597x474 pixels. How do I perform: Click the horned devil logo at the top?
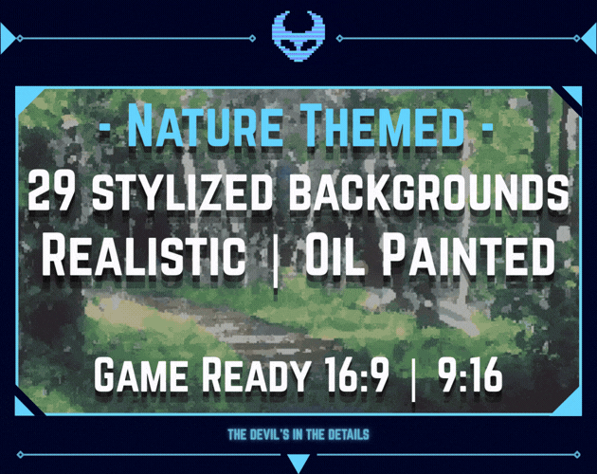pyautogui.click(x=298, y=35)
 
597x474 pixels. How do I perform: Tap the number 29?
pyautogui.click(x=56, y=190)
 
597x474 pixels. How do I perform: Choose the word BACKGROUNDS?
pyautogui.click(x=428, y=190)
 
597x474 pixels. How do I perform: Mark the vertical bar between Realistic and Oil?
pyautogui.click(x=275, y=262)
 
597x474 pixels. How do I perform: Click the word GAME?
pyautogui.click(x=141, y=374)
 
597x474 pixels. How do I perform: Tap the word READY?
pyautogui.click(x=254, y=374)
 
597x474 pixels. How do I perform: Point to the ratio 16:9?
pyautogui.click(x=356, y=374)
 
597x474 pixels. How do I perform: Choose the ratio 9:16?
pyautogui.click(x=470, y=374)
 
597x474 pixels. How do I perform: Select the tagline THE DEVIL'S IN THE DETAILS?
pyautogui.click(x=298, y=434)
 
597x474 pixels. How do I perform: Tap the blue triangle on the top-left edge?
pyautogui.click(x=7, y=38)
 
